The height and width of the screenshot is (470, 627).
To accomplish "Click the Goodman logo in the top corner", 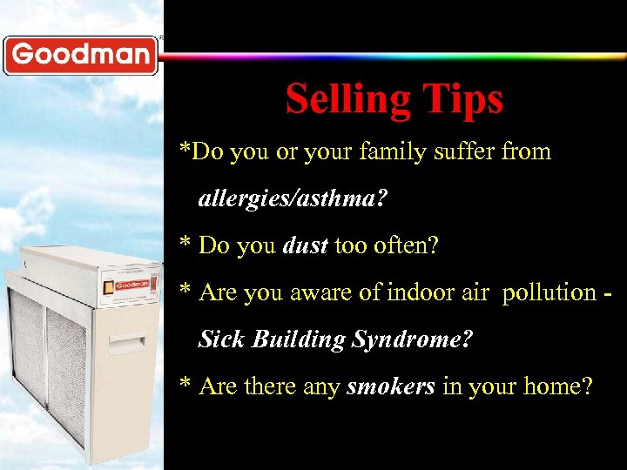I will tap(80, 56).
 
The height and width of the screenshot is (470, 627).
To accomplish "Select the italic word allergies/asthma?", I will tap(293, 199).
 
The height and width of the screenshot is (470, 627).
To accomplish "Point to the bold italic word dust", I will tap(305, 246).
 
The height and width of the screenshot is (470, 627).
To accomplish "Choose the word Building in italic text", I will tap(298, 339).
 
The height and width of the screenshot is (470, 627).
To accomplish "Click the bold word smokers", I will tap(390, 386).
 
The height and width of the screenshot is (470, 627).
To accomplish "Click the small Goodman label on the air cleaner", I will tap(131, 285).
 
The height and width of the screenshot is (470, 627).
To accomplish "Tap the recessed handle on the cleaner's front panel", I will tap(129, 342).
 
